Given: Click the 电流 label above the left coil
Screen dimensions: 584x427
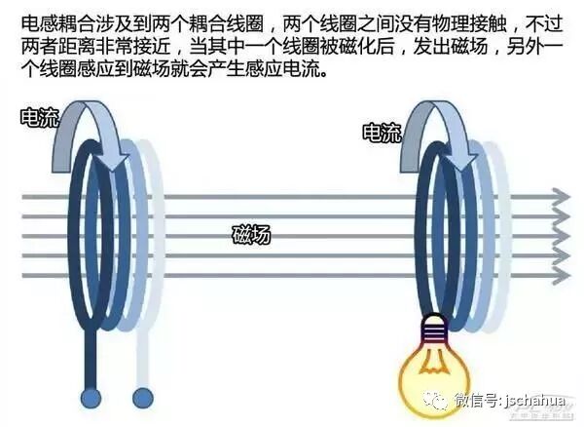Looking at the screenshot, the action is pyautogui.click(x=39, y=119).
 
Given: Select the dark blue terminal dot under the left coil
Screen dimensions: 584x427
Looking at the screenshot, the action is pyautogui.click(x=91, y=398).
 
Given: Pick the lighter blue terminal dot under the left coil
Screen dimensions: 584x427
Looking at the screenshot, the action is pyautogui.click(x=142, y=397).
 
